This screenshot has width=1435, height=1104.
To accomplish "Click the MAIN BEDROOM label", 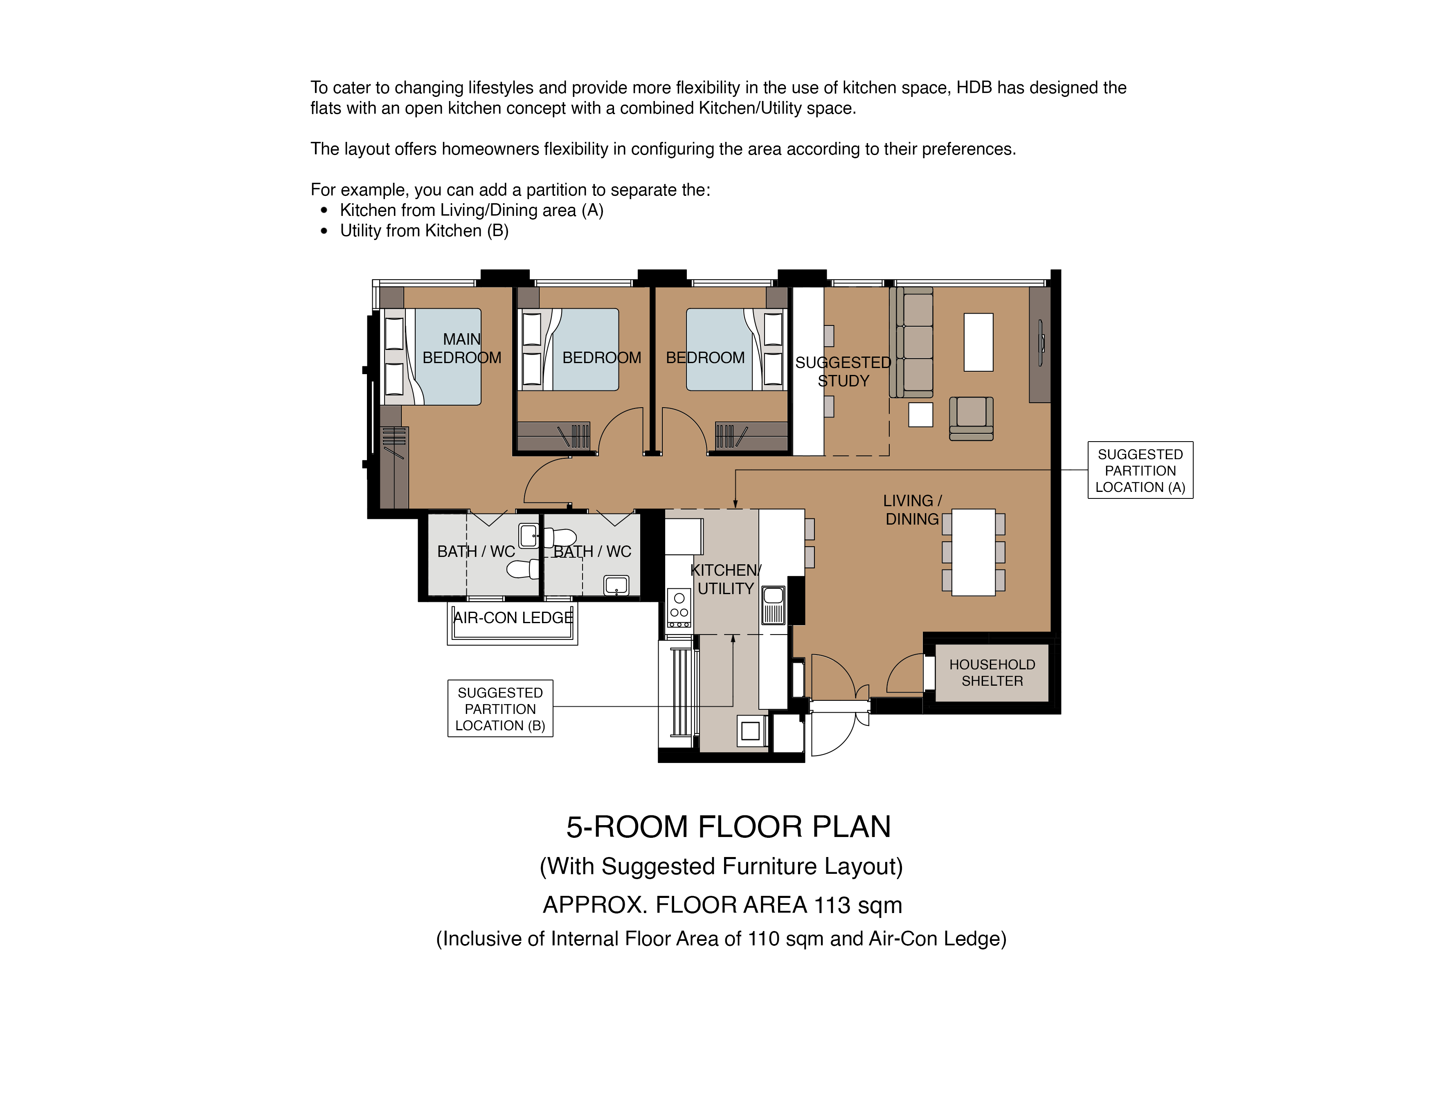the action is pyautogui.click(x=461, y=348).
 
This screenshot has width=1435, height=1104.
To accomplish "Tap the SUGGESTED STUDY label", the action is pyautogui.click(x=843, y=372).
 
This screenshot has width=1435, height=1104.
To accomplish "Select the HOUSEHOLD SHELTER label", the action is pyautogui.click(x=992, y=673).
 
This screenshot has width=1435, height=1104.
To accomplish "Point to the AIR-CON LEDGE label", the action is pyautogui.click(x=513, y=617).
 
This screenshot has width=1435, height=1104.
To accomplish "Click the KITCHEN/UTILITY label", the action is pyautogui.click(x=725, y=579).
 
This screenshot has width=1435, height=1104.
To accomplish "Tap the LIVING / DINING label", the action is pyautogui.click(x=912, y=509).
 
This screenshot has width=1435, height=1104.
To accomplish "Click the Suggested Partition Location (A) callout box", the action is pyautogui.click(x=1140, y=470).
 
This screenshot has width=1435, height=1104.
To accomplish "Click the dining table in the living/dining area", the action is pyautogui.click(x=973, y=552).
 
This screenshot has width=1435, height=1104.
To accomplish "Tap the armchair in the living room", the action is pyautogui.click(x=971, y=418).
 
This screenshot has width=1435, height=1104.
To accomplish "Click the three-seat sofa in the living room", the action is pyautogui.click(x=911, y=342).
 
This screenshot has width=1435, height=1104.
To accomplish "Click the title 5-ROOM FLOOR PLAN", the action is pyautogui.click(x=729, y=827).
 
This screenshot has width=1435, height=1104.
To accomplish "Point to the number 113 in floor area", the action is pyautogui.click(x=832, y=905).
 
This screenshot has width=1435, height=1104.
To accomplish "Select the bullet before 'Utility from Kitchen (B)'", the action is pyautogui.click(x=324, y=231).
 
